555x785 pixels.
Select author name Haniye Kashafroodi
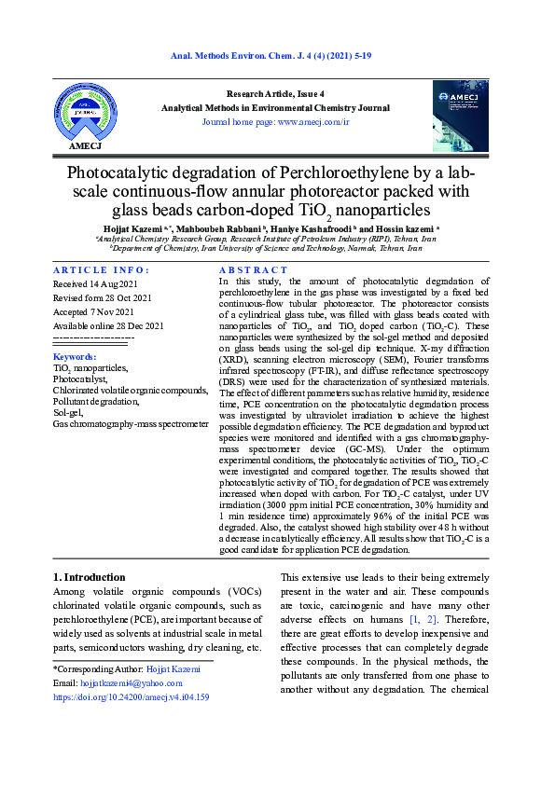pyautogui.click(x=313, y=228)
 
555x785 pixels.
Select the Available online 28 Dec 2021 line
pyautogui.click(x=108, y=325)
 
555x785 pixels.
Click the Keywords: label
pyautogui.click(x=75, y=357)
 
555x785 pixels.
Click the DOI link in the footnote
pyautogui.click(x=131, y=696)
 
